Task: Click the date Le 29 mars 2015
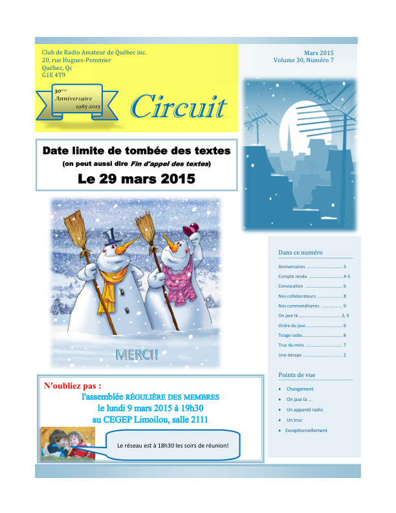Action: point(136,179)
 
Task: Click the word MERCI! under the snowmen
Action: point(137,354)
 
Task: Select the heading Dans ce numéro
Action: point(300,253)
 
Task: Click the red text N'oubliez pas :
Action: point(72,386)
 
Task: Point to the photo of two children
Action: point(67,443)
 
